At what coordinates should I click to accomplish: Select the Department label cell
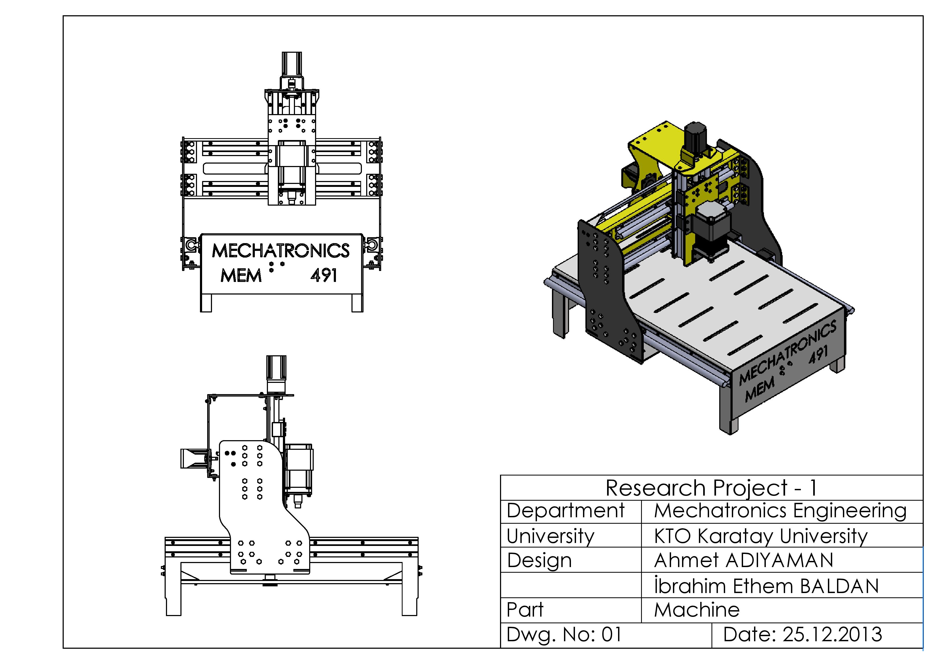click(565, 511)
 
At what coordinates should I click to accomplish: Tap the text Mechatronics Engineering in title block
click(780, 511)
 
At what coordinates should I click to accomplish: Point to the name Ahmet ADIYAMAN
click(743, 560)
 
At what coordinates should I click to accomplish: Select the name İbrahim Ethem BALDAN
click(766, 586)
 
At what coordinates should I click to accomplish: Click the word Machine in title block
click(696, 610)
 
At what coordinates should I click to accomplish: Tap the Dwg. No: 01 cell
click(564, 635)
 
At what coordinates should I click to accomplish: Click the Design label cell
click(539, 560)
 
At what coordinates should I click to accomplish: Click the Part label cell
click(525, 610)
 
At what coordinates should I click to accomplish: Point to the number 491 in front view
click(324, 276)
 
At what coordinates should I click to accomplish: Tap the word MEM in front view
click(241, 276)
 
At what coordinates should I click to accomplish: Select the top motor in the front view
click(291, 64)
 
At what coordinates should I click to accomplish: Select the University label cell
click(550, 536)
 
